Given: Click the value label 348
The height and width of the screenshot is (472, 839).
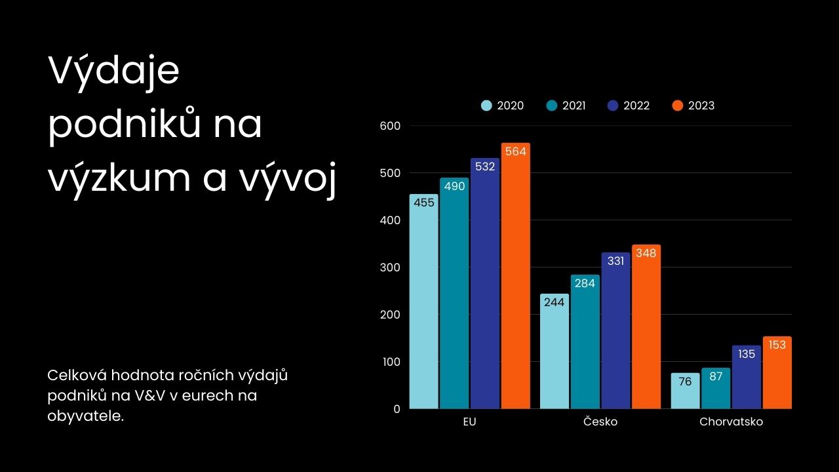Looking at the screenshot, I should pos(646,253).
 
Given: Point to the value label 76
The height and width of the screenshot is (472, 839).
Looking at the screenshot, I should pos(685,382).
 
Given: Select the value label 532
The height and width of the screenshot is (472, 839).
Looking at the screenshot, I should pos(485,167).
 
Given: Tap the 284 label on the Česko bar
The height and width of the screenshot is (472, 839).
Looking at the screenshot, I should pos(585,283).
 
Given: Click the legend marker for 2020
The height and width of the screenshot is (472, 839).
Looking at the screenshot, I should pos(486,106).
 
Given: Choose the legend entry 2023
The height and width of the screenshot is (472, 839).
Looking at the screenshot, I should pos(694,106).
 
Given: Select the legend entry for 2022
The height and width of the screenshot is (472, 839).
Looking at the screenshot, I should pos(629,106).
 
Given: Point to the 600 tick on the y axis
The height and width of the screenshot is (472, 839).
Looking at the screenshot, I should pos(390,125).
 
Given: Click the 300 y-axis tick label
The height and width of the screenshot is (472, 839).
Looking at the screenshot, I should pos(390,267).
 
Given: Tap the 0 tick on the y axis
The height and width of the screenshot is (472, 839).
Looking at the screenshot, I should pos(397,408).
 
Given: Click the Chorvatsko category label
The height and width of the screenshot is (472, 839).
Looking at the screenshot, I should pos(731,422).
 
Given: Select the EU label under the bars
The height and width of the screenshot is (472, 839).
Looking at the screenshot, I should pos(469,422).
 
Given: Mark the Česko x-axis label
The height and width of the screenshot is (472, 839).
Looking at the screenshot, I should pos(600,422).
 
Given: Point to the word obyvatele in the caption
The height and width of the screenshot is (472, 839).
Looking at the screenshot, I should pos(85,416).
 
